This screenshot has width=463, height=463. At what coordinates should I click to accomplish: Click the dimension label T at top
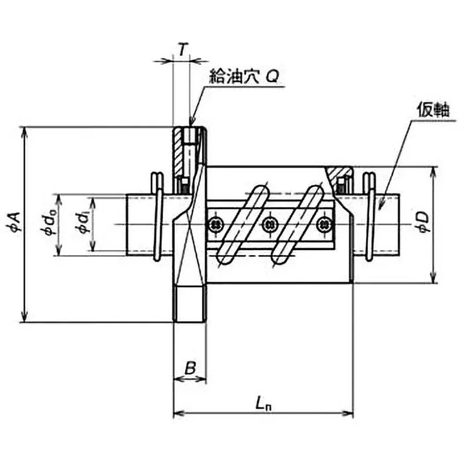(182, 50)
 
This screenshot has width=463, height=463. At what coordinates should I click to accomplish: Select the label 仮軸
(432, 111)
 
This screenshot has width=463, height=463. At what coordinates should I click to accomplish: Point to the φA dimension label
(14, 222)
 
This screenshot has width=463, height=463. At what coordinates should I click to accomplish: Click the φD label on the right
(424, 222)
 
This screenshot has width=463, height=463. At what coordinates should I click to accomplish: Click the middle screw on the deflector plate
(269, 223)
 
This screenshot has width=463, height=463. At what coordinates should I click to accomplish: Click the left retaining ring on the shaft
(156, 217)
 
